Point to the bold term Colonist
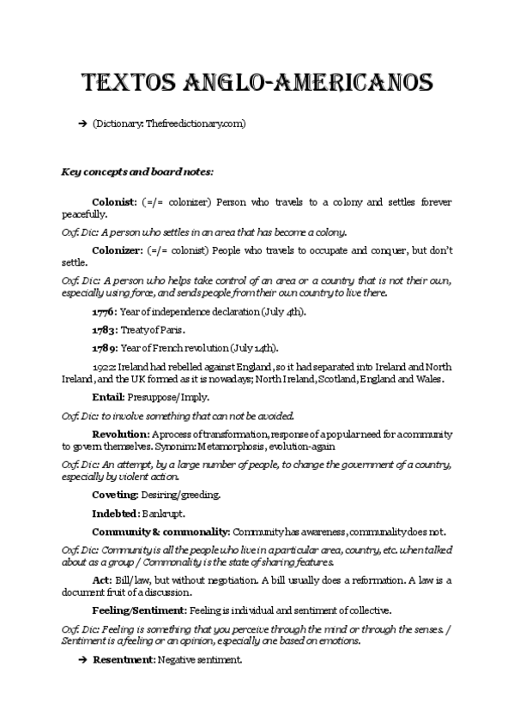pyautogui.click(x=114, y=201)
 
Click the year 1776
pyautogui.click(x=104, y=311)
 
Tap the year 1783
pyautogui.click(x=104, y=329)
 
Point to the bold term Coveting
pyautogui.click(x=114, y=495)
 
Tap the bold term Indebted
pyautogui.click(x=115, y=513)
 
